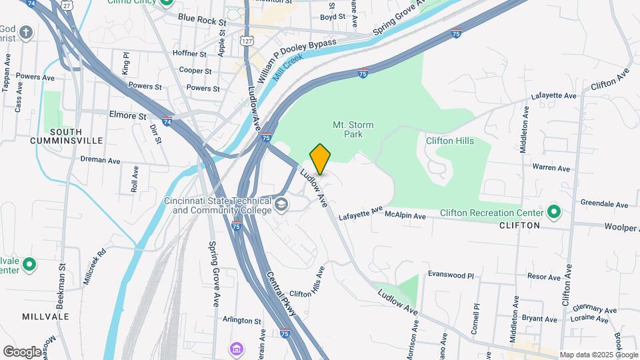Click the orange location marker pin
click(x=321, y=159)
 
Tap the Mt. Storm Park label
click(x=353, y=129)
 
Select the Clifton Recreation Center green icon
click(x=553, y=213)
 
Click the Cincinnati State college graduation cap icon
click(x=281, y=204)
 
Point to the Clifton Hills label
click(x=450, y=141)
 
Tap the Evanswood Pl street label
click(x=450, y=275)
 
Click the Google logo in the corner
click(x=22, y=352)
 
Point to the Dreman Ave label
click(x=99, y=160)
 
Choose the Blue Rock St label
click(x=202, y=21)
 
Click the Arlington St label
click(x=241, y=321)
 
